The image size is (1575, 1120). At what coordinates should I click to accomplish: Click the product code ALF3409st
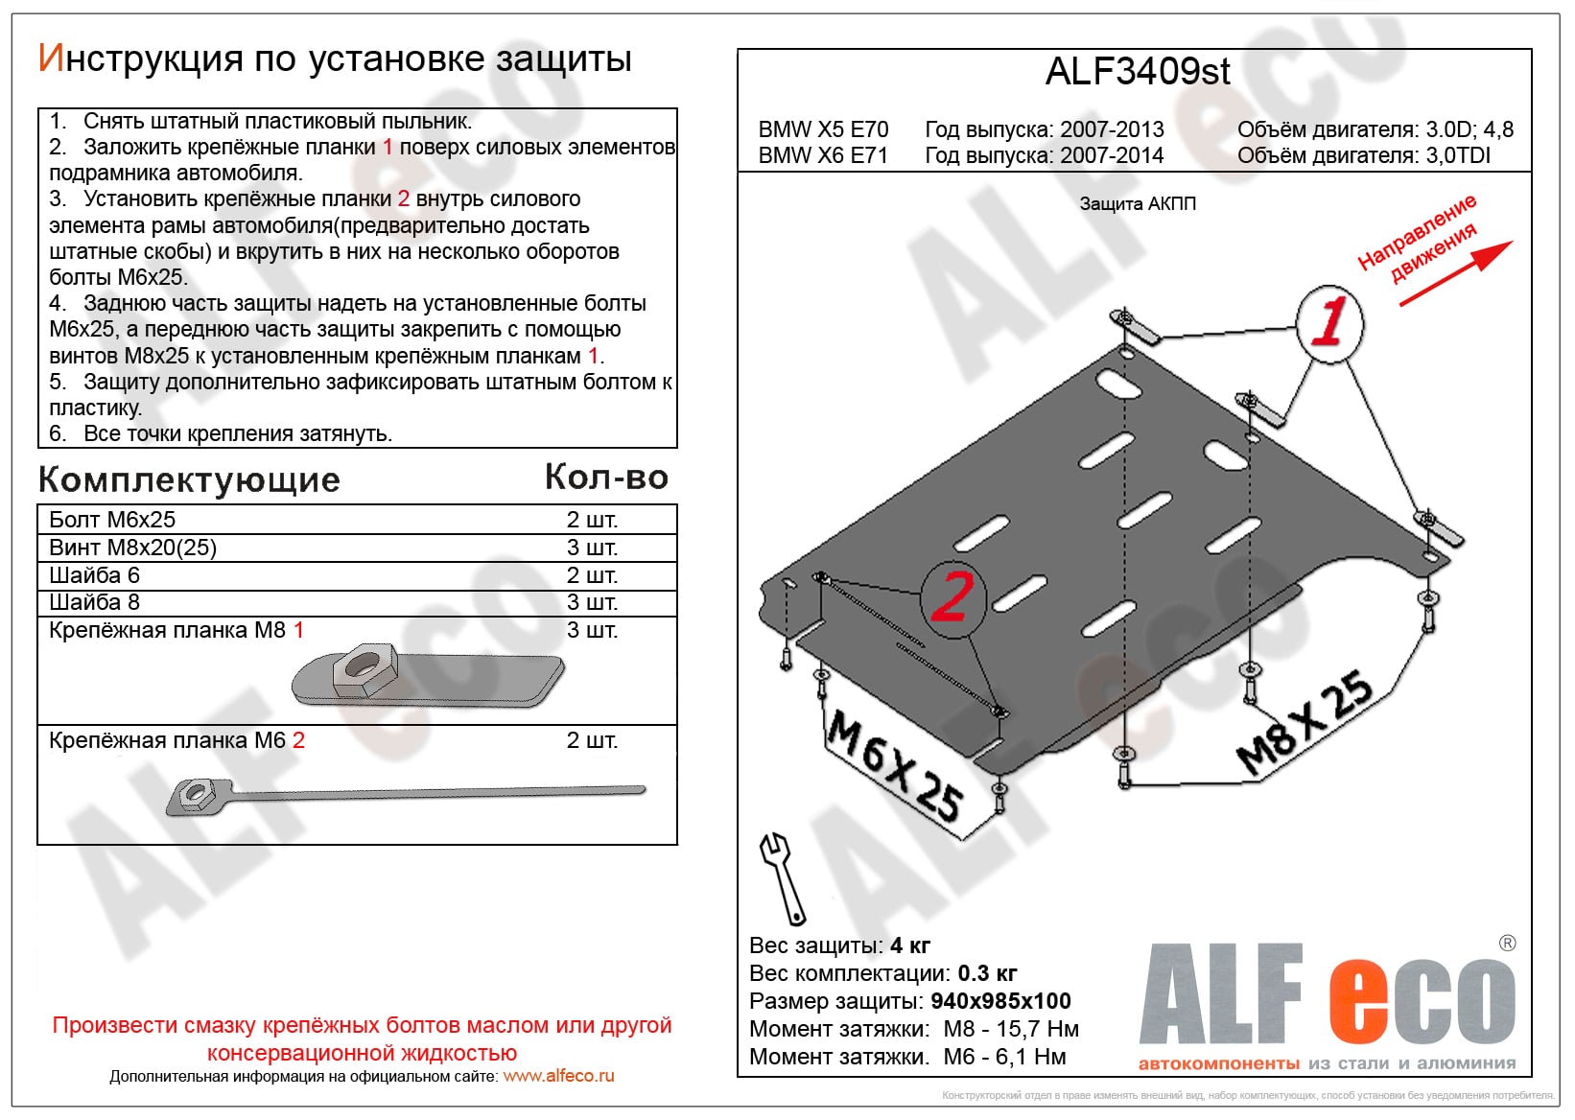tap(1137, 72)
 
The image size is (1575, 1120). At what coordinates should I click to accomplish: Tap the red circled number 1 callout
tap(1329, 323)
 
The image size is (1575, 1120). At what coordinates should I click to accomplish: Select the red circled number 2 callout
tap(952, 596)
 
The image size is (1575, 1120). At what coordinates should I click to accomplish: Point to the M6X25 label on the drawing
tap(895, 764)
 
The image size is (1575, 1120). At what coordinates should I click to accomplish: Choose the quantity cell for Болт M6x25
tap(592, 520)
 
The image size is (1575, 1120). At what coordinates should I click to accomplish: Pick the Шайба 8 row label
tap(95, 602)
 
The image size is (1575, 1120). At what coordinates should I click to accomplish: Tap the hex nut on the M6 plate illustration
tap(196, 793)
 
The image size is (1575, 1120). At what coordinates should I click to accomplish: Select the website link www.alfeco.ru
tap(558, 1076)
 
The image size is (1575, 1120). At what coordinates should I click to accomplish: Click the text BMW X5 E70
tap(823, 129)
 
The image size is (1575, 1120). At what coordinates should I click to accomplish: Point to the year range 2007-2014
tap(1112, 155)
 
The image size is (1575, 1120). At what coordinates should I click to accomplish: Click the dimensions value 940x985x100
tap(1000, 1001)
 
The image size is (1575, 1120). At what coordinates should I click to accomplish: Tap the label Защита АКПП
tap(1138, 204)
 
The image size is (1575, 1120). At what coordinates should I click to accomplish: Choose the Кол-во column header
tap(606, 478)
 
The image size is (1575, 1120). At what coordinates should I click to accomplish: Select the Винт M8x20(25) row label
tap(133, 548)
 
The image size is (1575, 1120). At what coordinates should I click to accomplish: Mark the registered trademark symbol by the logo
tap(1507, 944)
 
